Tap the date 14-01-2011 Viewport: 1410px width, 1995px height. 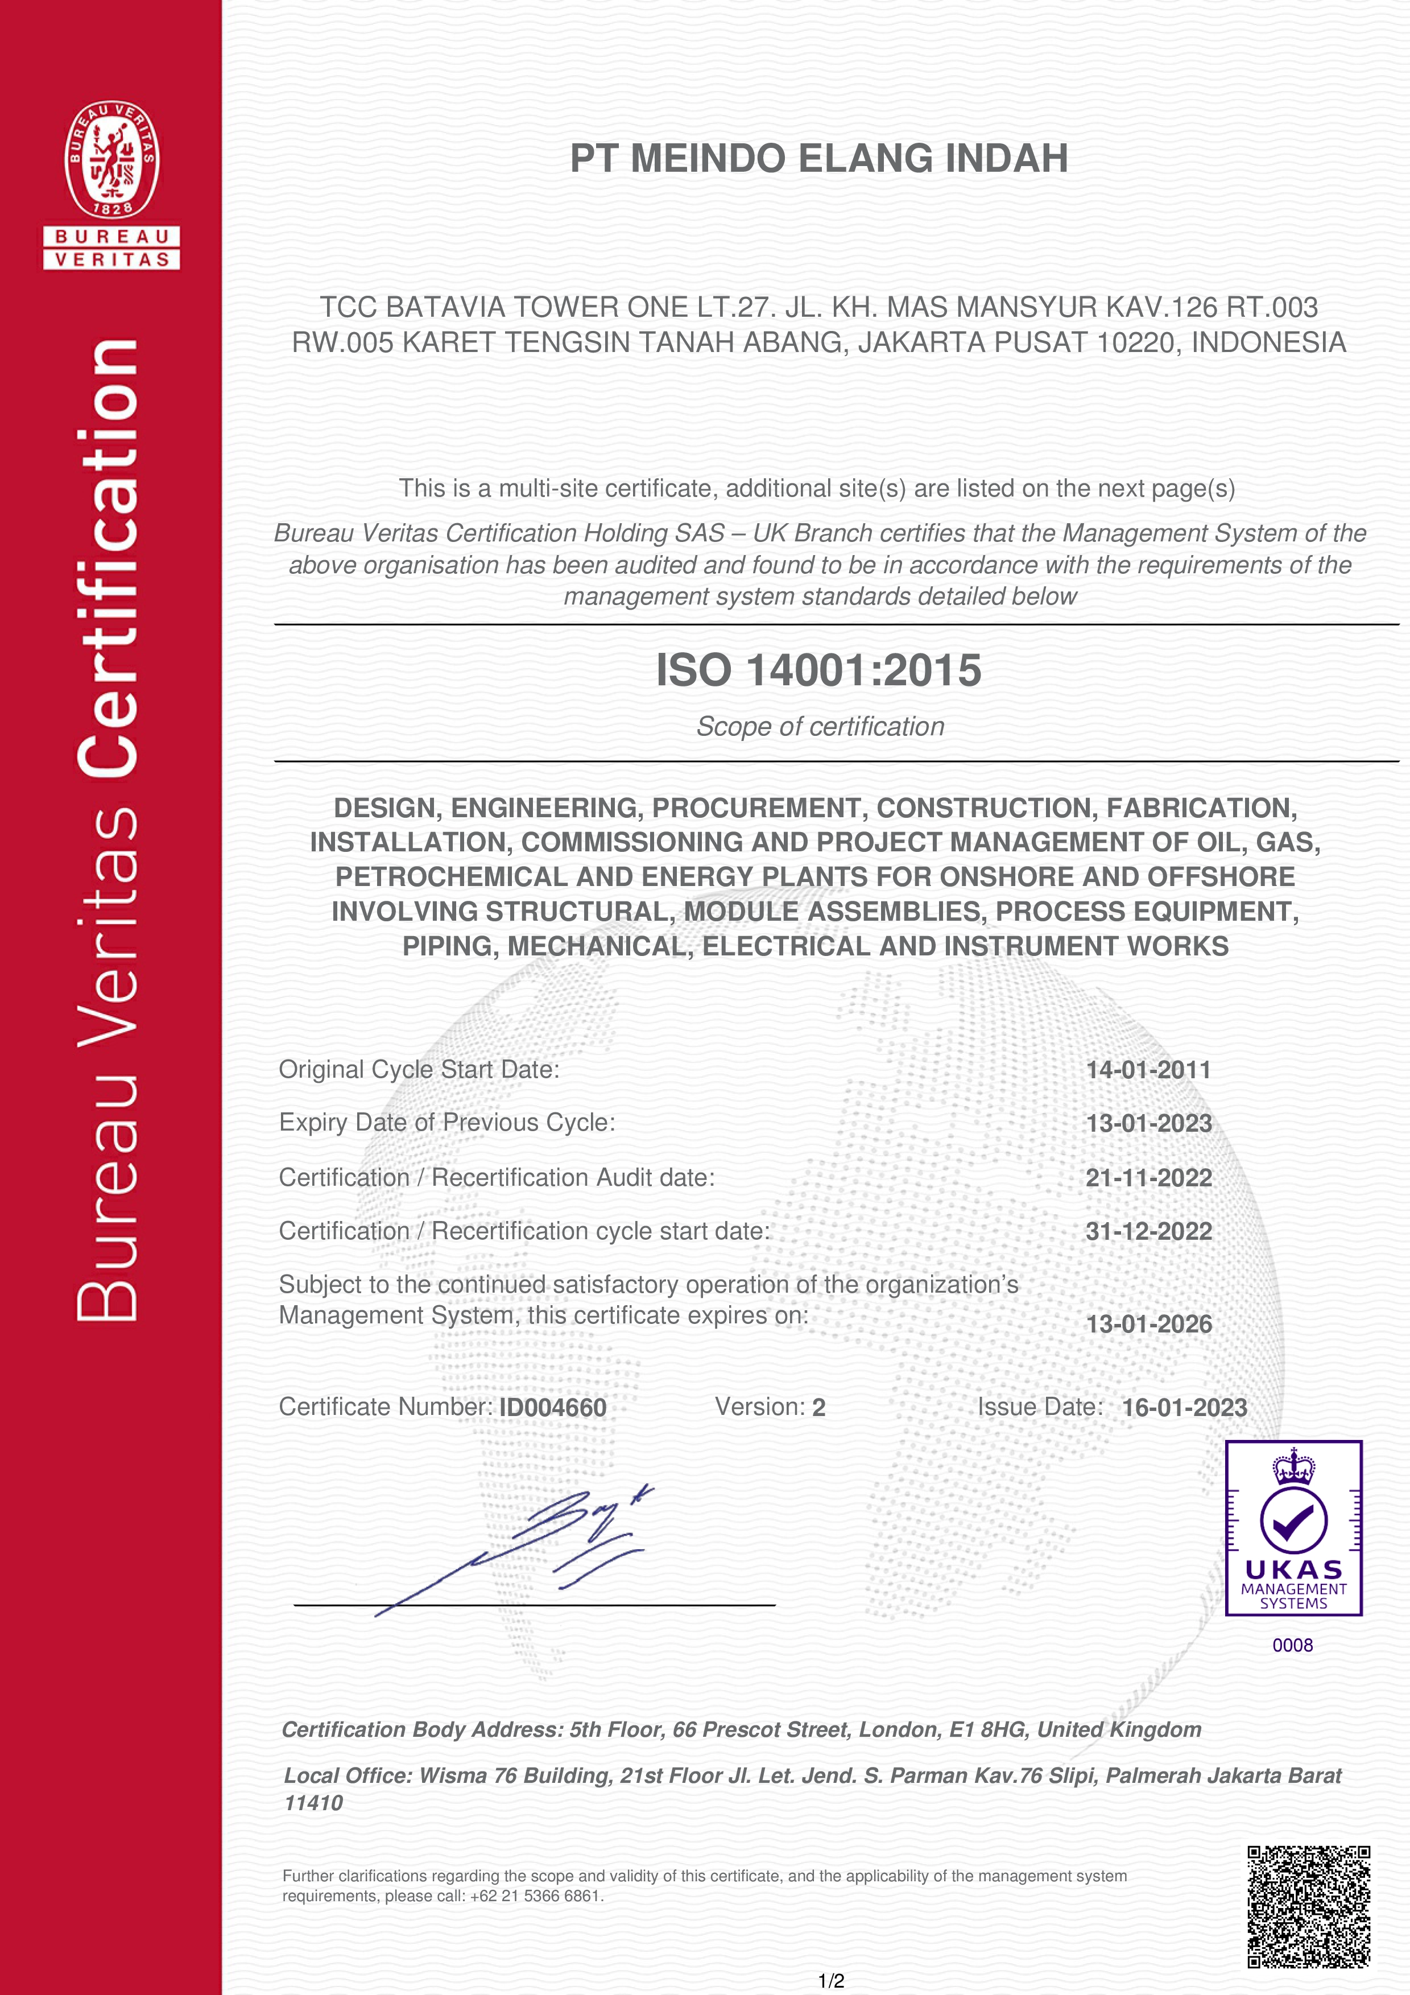pos(1148,1070)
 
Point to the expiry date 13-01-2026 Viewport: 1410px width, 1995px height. pos(1148,1324)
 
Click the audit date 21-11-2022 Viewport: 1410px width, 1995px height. pos(1148,1178)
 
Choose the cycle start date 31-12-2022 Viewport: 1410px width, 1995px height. pos(1148,1231)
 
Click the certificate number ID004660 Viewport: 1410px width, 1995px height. pos(552,1408)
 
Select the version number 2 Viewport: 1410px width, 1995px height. pos(818,1408)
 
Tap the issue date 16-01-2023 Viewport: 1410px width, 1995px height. pos(1184,1408)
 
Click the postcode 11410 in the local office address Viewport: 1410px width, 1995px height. pos(313,1803)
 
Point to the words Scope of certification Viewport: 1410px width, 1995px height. pos(819,726)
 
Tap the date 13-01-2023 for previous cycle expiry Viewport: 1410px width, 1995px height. pos(1148,1124)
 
